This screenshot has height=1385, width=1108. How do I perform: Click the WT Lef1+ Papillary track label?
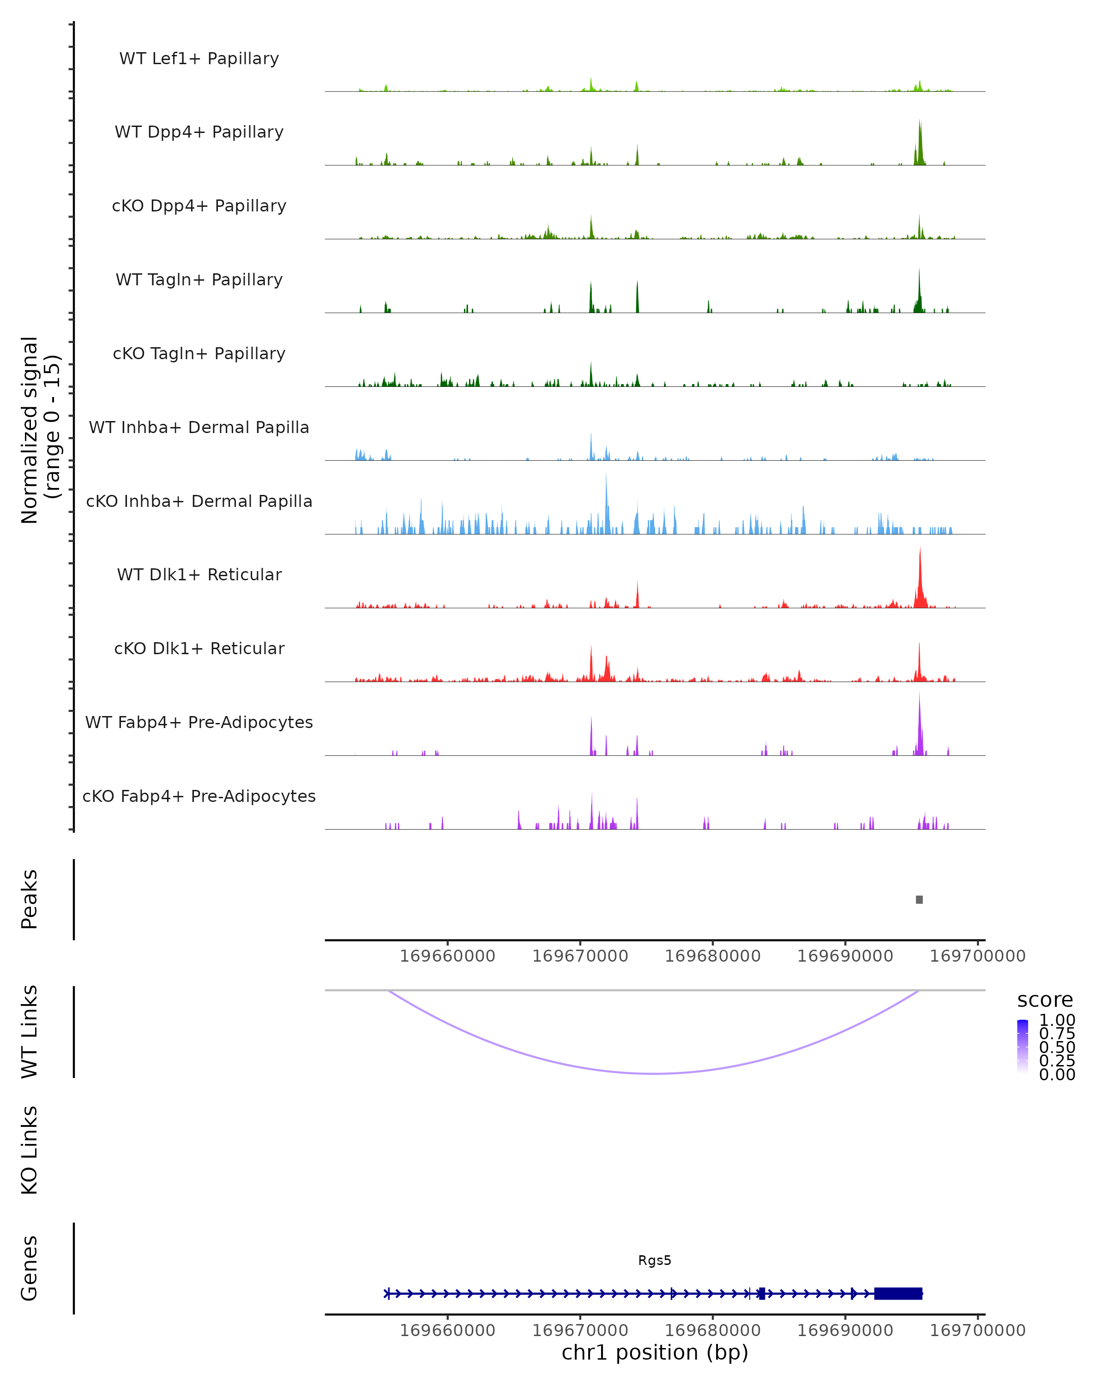pos(199,59)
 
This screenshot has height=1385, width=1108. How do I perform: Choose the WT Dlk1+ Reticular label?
pos(199,574)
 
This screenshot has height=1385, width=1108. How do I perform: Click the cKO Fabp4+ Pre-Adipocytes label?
pos(199,796)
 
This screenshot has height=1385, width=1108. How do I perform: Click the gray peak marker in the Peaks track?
pos(919,899)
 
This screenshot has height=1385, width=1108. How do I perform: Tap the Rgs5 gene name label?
pos(655,1260)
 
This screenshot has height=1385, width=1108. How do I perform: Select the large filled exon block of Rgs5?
pos(898,1293)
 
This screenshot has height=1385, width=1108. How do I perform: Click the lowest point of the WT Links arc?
pos(654,1073)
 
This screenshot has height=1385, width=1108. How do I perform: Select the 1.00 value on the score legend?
pos(1057,1020)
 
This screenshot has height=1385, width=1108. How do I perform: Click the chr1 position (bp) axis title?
pos(655,1352)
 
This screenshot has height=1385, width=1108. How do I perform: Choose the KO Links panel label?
pos(30,1150)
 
